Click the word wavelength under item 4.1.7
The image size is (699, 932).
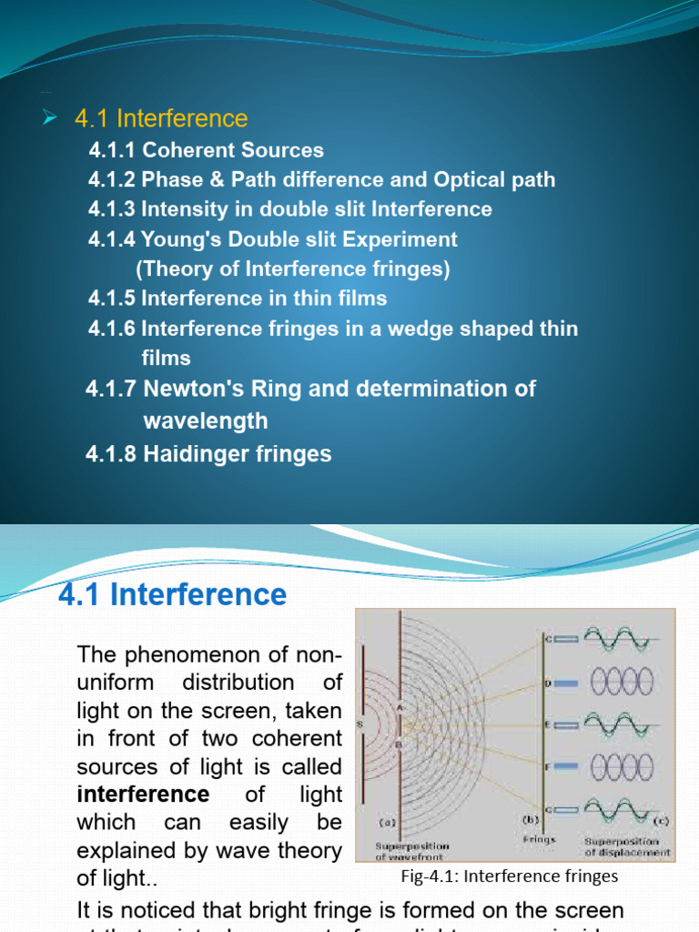tap(206, 421)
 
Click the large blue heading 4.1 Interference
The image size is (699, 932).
tap(173, 594)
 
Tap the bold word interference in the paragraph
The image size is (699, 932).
tap(143, 795)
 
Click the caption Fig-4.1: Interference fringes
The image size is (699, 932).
tap(509, 876)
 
